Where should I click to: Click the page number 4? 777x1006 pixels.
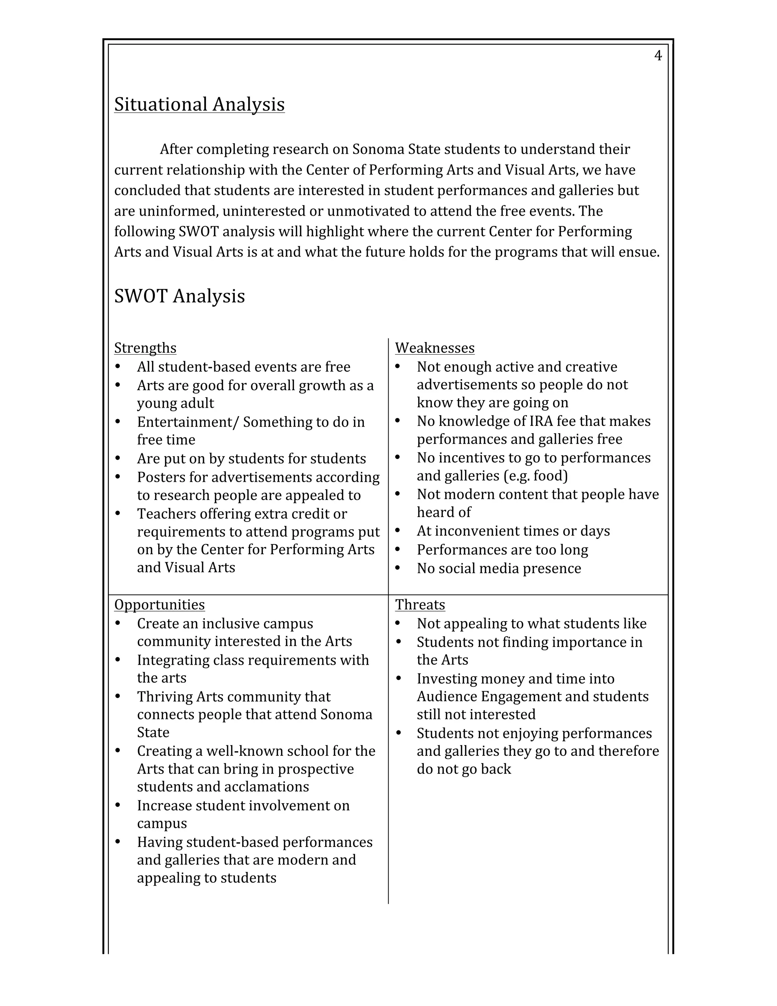[658, 56]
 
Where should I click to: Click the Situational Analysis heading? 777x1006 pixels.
[199, 104]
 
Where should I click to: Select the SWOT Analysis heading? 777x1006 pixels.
[179, 296]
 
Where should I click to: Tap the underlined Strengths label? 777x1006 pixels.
[145, 348]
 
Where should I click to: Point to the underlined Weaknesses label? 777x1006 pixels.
[434, 348]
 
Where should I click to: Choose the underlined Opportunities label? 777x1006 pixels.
[159, 604]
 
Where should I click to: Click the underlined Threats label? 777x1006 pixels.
[420, 604]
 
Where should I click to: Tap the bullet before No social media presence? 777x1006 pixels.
[398, 568]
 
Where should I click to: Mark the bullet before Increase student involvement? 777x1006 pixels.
[118, 805]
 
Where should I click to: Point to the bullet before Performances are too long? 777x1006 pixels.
[398, 550]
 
